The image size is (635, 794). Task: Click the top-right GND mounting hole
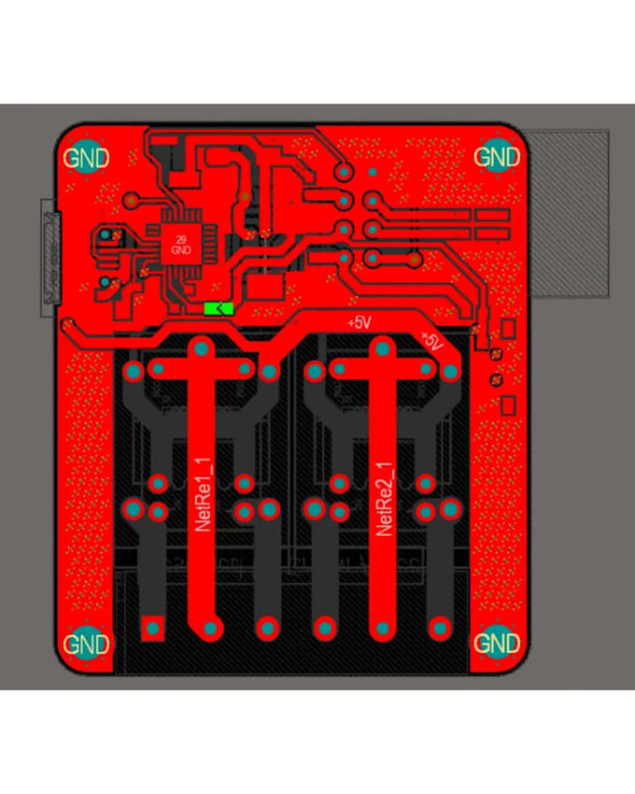(497, 156)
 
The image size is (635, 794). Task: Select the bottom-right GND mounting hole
(497, 643)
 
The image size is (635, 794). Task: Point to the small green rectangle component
(219, 307)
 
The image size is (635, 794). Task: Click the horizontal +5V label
(359, 322)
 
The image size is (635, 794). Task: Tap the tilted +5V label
(430, 341)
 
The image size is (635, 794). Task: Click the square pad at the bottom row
(151, 627)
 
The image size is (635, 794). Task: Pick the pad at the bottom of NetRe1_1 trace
(211, 627)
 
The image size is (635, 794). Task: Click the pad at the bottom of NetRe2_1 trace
(382, 627)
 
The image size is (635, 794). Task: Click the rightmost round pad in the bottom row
(440, 627)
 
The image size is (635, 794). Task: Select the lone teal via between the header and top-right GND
(372, 172)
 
